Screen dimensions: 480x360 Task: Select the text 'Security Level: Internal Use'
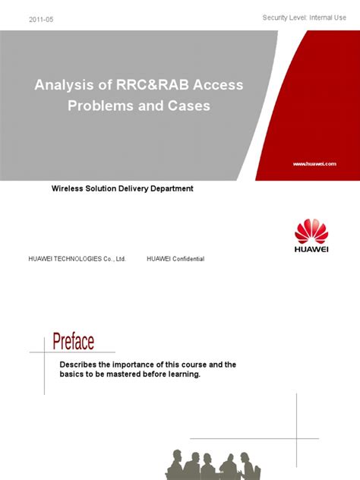tap(308, 17)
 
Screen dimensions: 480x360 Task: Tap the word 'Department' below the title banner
tap(168, 188)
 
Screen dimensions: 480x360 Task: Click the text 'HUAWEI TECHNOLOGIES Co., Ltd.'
tap(77, 259)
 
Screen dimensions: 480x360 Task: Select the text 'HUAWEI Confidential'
tap(175, 259)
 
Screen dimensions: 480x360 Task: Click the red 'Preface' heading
tap(73, 342)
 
